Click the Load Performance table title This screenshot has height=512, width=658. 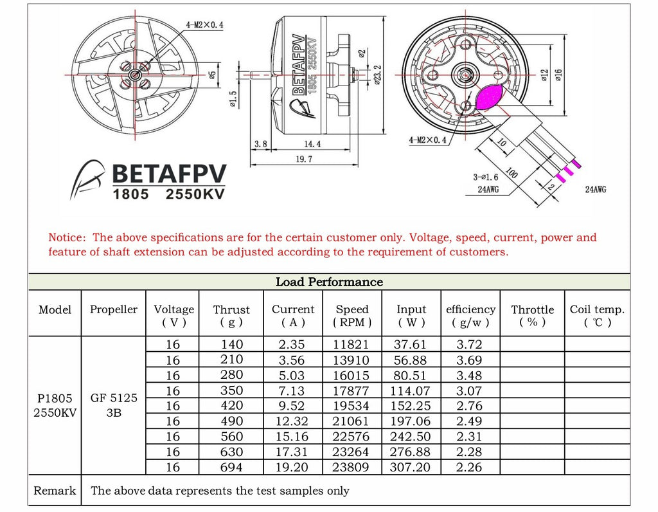pos(329,282)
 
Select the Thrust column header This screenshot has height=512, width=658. pos(231,315)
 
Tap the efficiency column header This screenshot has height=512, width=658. pos(471,315)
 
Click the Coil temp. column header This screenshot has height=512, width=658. pos(597,315)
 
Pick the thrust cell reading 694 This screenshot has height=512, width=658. pos(231,467)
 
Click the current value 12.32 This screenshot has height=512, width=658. pos(293,421)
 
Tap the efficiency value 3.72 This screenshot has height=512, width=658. pos(469,344)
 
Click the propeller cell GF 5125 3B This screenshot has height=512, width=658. pos(114,405)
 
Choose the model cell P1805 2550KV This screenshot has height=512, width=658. pos(55,405)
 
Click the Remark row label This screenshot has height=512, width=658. pos(55,491)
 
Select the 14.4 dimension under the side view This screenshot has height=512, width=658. pos(312,144)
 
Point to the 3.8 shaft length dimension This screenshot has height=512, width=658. pos(260,144)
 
